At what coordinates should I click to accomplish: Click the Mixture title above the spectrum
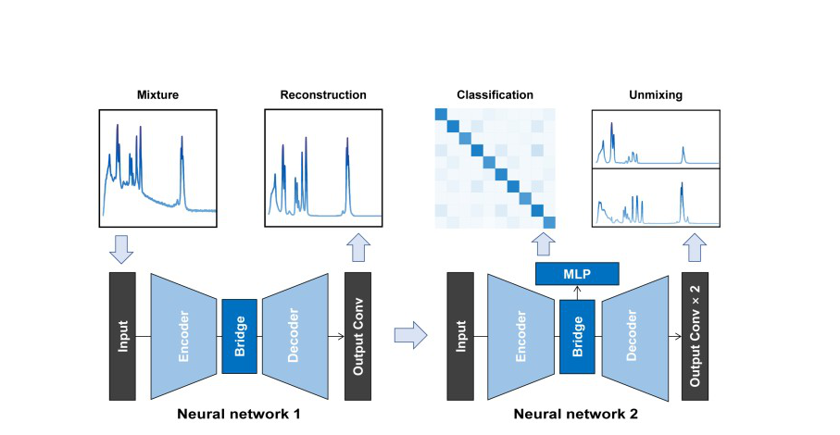pyautogui.click(x=157, y=95)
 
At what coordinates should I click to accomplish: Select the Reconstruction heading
pyautogui.click(x=323, y=95)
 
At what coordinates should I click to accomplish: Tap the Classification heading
pyautogui.click(x=495, y=95)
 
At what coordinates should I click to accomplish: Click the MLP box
pyautogui.click(x=577, y=273)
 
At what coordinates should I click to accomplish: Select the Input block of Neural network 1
pyautogui.click(x=122, y=336)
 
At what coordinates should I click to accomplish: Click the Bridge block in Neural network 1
pyautogui.click(x=239, y=336)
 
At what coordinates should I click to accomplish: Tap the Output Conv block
pyautogui.click(x=357, y=336)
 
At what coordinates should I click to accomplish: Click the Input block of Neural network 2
pyautogui.click(x=459, y=336)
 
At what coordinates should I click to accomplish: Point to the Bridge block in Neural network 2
pyautogui.click(x=576, y=336)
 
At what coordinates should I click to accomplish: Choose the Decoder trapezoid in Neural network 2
pyautogui.click(x=634, y=336)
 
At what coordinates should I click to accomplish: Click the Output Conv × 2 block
pyautogui.click(x=695, y=336)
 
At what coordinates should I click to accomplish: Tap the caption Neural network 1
pyautogui.click(x=239, y=414)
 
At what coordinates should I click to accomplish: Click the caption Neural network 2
pyautogui.click(x=576, y=414)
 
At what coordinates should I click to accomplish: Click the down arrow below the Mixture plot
pyautogui.click(x=122, y=248)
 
